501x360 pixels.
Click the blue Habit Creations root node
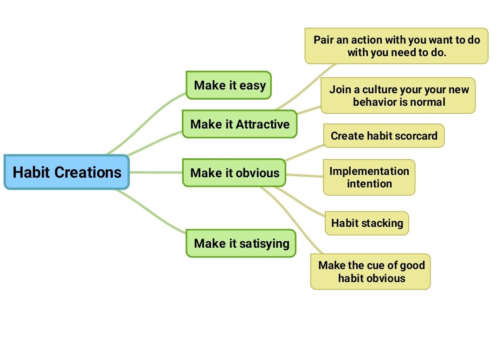point(67,172)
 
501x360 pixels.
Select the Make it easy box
point(229,85)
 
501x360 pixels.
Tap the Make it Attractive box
point(239,124)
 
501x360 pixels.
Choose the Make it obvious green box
point(235,173)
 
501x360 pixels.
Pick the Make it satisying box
point(241,244)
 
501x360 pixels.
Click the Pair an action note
point(396,46)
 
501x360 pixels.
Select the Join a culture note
point(398,96)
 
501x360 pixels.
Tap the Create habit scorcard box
point(384,136)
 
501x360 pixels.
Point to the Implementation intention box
point(369,177)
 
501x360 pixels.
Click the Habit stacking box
point(366,223)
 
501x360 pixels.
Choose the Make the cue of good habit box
point(371,272)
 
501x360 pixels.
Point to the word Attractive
point(263,124)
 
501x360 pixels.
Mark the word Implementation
point(369,171)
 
